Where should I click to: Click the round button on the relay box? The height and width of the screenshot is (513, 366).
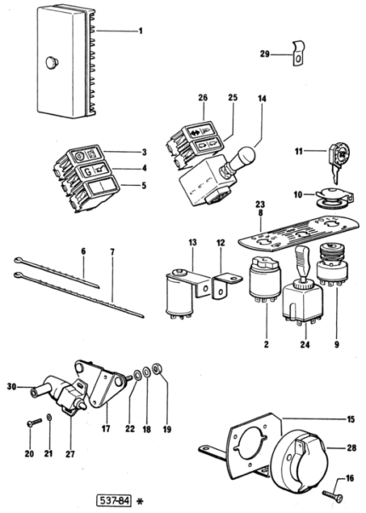tap(52, 62)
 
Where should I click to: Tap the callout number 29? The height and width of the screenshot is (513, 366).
tap(265, 54)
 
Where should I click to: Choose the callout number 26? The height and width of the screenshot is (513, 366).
tap(203, 97)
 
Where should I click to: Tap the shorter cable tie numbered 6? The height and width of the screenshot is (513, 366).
tap(56, 273)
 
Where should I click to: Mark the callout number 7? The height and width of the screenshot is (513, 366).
tap(112, 252)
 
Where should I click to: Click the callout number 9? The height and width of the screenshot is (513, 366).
tap(337, 344)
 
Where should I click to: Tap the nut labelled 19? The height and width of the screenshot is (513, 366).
tap(157, 369)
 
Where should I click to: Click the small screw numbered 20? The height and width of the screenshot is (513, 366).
tap(34, 422)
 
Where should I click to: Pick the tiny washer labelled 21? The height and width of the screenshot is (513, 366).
tap(49, 418)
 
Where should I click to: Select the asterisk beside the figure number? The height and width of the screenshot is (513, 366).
tap(140, 502)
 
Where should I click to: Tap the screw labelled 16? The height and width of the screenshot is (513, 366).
tap(332, 495)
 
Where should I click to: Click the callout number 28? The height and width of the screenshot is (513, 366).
tap(352, 447)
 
